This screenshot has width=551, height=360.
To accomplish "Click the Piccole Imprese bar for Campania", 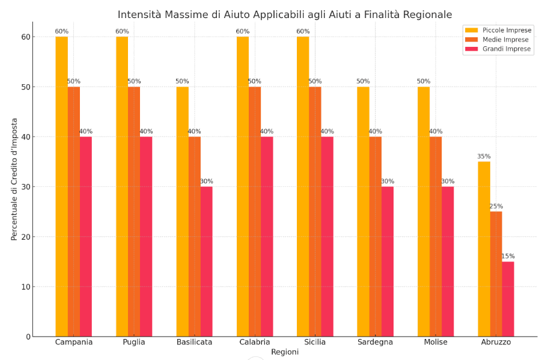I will click(x=61, y=186).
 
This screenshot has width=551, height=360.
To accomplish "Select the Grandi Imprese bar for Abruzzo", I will click(x=508, y=299).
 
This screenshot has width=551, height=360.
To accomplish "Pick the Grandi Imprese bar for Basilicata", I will click(x=206, y=261).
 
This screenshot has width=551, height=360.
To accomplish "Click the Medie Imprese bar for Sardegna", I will click(x=375, y=236).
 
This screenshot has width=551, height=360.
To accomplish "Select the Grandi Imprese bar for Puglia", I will click(x=146, y=236).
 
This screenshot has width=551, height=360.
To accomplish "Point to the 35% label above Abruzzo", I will click(x=484, y=157).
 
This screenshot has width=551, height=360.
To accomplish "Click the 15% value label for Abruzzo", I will click(x=508, y=257).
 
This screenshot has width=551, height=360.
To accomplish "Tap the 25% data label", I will click(x=496, y=207).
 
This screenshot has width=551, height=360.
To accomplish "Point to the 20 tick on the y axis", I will click(x=25, y=237).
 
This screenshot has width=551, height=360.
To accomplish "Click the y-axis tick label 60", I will click(x=25, y=37).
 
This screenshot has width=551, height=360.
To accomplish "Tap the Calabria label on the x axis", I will click(x=254, y=342).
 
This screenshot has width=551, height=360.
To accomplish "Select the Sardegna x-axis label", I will click(x=375, y=342).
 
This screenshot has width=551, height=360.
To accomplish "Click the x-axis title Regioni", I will click(x=284, y=352).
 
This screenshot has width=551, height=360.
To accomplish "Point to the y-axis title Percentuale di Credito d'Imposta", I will click(x=14, y=186).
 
